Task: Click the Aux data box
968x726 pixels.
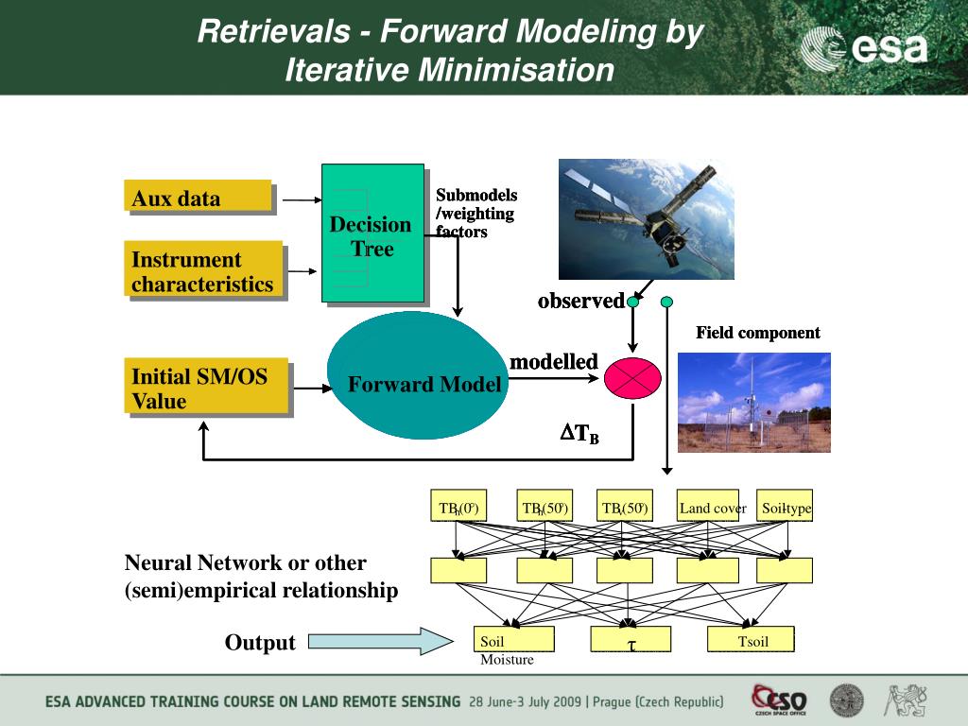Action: click(199, 197)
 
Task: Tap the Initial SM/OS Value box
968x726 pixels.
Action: click(206, 388)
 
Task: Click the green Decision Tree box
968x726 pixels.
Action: click(372, 233)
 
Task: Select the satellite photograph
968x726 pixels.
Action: click(646, 218)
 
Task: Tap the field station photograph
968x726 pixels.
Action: click(753, 402)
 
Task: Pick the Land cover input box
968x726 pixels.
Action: click(713, 508)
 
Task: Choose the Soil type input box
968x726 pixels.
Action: click(786, 508)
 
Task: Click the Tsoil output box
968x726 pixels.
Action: click(752, 640)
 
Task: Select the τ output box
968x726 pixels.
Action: click(631, 640)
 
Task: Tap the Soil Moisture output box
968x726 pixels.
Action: click(515, 640)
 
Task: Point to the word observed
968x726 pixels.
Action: click(580, 302)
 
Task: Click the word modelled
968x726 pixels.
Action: click(554, 362)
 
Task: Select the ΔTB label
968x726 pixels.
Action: click(579, 435)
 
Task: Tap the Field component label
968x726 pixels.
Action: click(758, 333)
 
